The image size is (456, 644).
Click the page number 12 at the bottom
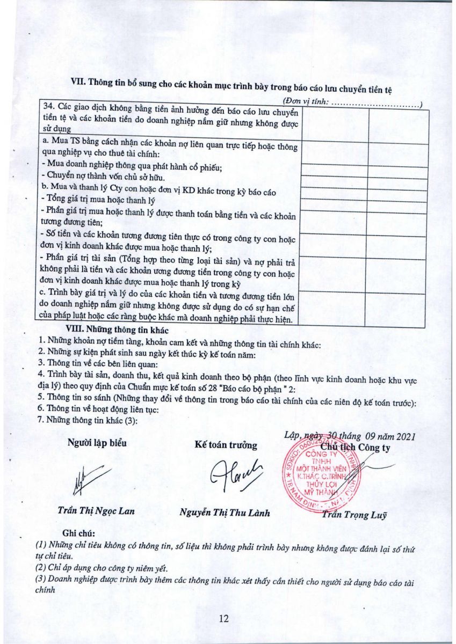click(x=224, y=619)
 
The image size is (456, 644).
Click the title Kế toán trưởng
click(x=226, y=445)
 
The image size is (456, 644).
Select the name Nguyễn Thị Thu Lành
click(x=225, y=513)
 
